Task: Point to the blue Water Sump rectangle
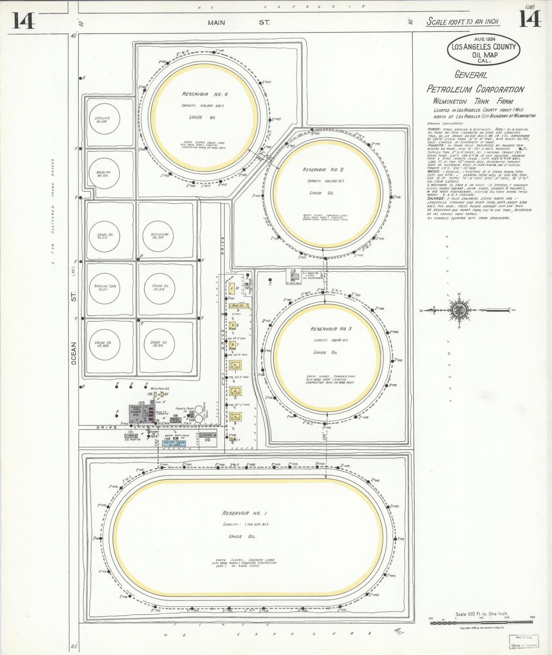coord(174,443)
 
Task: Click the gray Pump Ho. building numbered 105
coord(136,414)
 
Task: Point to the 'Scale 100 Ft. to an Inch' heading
coord(462,21)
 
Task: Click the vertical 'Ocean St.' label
coord(74,329)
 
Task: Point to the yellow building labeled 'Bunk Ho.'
coord(239,305)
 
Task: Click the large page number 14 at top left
coord(23,21)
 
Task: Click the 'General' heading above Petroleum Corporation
coord(471,75)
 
